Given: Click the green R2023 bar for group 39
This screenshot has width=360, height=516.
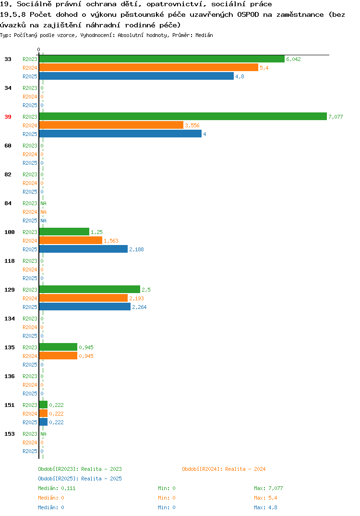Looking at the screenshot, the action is tap(183, 116).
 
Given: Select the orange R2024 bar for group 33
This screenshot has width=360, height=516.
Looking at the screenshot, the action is tap(149, 67).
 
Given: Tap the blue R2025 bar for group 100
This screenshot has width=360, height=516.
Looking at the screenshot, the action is tap(84, 249).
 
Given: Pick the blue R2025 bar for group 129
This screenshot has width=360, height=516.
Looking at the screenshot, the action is tap(85, 307).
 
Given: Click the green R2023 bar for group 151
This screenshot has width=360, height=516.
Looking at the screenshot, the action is tap(43, 405).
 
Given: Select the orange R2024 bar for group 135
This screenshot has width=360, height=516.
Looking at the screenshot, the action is tap(58, 356).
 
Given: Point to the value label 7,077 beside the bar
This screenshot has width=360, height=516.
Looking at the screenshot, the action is tap(336, 117).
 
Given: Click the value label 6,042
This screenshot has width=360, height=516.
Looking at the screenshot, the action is tap(294, 59).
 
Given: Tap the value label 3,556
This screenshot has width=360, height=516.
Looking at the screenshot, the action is tap(192, 125).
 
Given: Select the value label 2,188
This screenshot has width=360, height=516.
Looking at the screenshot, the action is tap(136, 249).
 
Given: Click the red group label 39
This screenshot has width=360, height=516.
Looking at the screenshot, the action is tap(8, 117).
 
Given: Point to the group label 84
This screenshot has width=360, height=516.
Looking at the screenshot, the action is tap(8, 203).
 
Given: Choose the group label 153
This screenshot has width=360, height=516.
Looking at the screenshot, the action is tap(10, 434).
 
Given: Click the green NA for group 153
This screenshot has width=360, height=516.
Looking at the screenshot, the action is tap(43, 434).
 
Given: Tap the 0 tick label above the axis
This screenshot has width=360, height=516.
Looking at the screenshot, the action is tap(38, 49).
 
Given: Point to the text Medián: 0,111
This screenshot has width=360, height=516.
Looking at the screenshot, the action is tap(57, 488).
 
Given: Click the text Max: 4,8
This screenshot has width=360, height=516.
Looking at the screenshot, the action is tap(265, 507).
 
